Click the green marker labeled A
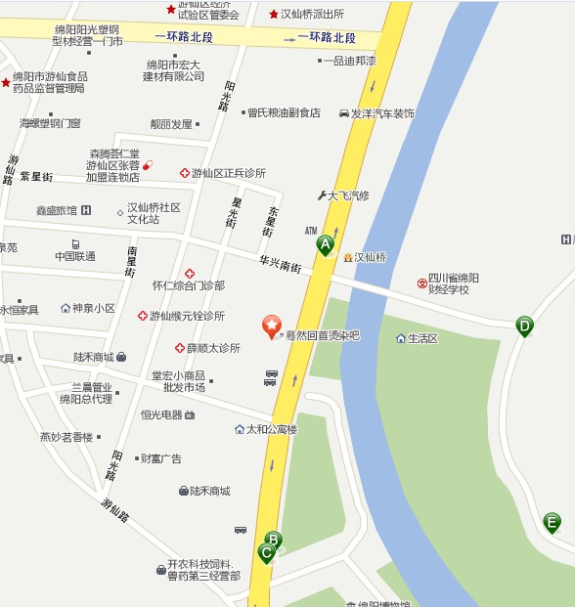coord(325,245)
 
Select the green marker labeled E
coord(553,523)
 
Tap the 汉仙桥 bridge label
coord(370,257)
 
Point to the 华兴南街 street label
coord(280,264)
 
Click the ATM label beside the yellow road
coord(311,232)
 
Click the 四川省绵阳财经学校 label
coord(453,283)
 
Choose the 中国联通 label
coord(75,256)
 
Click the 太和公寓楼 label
coord(271,429)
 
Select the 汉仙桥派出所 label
coord(312,14)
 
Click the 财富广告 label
coord(160,458)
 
